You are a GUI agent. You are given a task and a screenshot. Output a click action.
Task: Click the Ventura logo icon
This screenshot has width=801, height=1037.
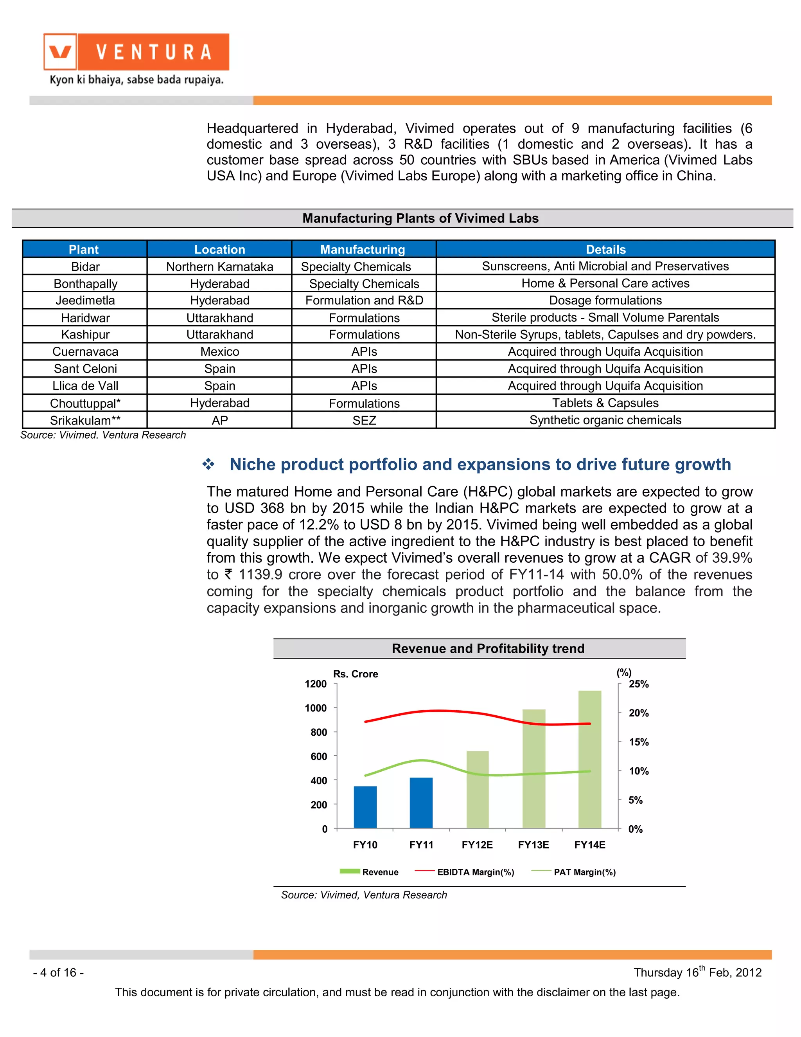point(60,52)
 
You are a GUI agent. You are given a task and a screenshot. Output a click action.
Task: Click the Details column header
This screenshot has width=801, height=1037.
point(605,249)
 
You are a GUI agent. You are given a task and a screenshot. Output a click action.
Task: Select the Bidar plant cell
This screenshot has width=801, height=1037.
point(85,266)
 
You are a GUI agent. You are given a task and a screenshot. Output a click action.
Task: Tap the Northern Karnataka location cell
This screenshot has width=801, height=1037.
point(219,266)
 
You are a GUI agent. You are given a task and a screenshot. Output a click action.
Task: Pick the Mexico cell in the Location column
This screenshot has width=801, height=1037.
point(219,352)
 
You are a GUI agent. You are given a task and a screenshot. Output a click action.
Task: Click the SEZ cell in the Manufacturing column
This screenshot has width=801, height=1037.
point(364,420)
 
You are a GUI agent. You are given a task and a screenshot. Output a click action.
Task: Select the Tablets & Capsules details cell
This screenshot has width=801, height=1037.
point(605,403)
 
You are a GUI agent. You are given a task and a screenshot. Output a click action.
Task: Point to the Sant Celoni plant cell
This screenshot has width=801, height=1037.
point(85,369)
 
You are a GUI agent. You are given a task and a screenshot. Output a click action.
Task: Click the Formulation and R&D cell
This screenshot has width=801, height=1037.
point(364,301)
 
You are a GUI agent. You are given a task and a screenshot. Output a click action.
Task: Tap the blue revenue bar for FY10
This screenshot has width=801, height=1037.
point(365,807)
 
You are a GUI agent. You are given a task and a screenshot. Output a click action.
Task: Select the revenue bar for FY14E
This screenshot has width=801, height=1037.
point(589,760)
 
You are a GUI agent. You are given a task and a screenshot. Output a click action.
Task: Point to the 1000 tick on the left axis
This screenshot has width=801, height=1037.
point(316,708)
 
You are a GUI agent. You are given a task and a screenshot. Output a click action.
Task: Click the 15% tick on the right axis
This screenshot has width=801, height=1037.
point(638,742)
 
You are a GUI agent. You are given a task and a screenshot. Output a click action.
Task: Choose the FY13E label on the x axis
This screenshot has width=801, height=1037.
point(533,845)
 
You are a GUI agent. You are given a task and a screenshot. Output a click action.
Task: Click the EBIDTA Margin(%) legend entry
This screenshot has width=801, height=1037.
point(475,872)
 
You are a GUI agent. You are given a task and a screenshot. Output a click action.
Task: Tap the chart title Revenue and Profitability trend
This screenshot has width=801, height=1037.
point(488,648)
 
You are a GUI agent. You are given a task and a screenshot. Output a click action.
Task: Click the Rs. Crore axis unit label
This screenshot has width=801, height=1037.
point(356,674)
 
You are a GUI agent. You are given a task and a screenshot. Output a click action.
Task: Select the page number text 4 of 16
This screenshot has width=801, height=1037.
point(58,972)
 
